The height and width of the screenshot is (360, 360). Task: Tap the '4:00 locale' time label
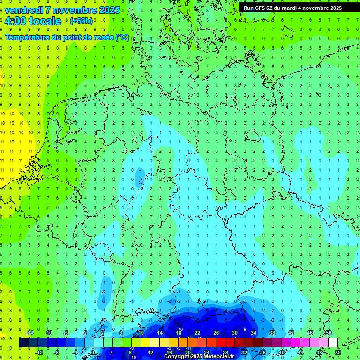[32, 21]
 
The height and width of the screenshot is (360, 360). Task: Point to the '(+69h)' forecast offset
[81, 21]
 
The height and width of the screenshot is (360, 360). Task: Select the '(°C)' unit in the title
[122, 37]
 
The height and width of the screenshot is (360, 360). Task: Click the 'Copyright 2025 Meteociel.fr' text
[199, 357]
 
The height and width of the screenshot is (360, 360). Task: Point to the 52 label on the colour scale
[338, 352]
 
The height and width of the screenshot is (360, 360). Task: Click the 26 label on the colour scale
[216, 333]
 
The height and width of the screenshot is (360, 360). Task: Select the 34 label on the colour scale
[254, 333]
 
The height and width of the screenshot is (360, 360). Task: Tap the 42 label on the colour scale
[291, 333]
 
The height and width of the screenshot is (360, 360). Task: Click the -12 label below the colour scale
[39, 352]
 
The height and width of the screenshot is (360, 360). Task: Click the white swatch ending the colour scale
[333, 343]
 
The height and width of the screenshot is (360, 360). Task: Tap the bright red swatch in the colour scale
[221, 343]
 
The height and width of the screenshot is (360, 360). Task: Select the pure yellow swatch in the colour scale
[146, 343]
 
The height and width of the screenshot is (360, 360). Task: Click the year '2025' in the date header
[107, 10]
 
